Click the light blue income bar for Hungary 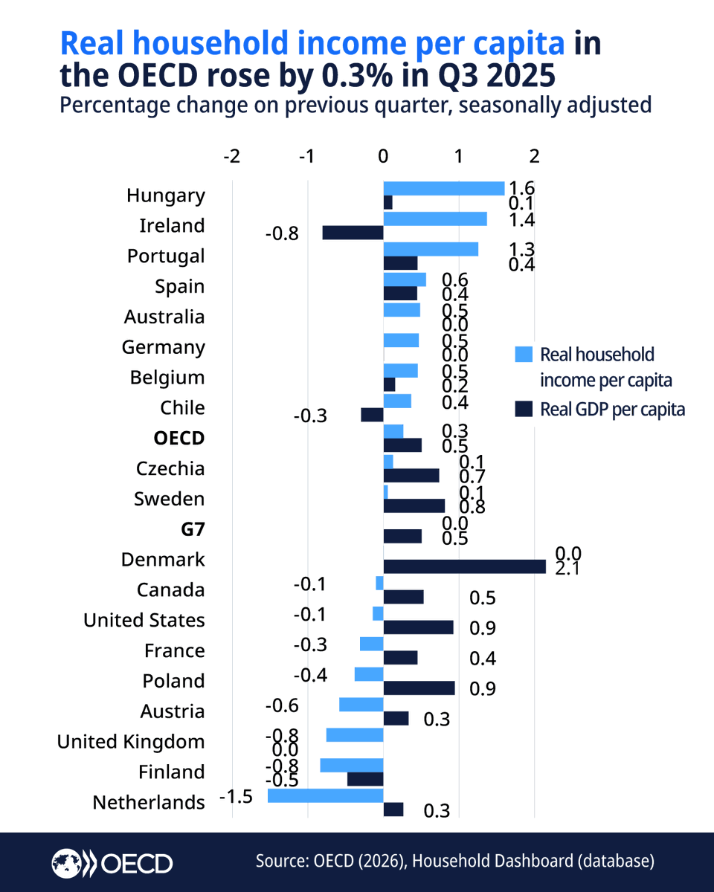443,188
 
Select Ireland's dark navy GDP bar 353,233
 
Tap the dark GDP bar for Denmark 464,566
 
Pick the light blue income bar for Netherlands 325,795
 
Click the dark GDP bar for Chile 372,415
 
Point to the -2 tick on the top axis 232,156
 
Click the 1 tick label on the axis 459,156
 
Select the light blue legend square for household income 524,355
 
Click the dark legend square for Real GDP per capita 524,409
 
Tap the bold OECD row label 178,438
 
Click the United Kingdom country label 131,742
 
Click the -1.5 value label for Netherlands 237,797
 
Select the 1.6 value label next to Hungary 521,188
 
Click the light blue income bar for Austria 361,704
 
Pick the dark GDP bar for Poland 419,688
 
